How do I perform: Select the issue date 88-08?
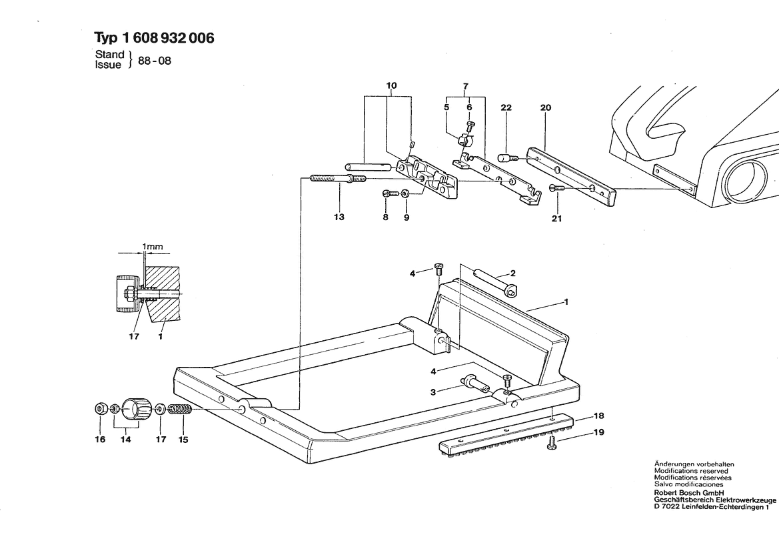155,61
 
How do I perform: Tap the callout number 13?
339,217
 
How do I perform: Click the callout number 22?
506,107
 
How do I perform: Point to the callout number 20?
546,107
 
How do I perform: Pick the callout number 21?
556,218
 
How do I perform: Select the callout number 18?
598,416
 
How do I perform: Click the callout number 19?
598,432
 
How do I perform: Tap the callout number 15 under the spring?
183,440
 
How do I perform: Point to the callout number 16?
101,440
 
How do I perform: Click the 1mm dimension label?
153,247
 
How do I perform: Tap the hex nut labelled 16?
101,410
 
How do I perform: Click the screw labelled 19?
551,444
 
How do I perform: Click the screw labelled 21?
556,188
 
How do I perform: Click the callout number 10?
391,85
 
